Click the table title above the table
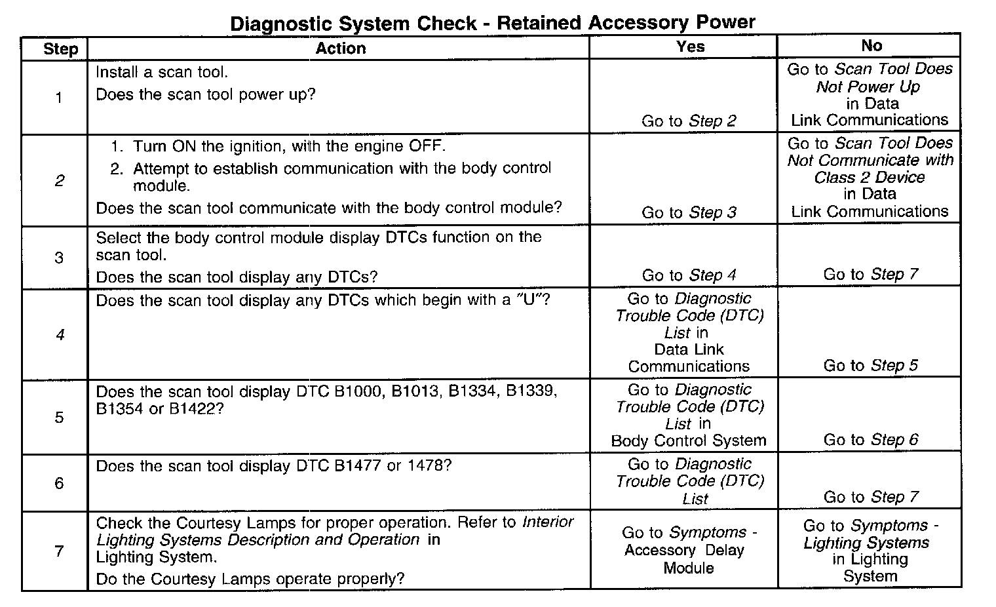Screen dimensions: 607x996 [x=492, y=23]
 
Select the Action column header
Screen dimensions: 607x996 [x=341, y=49]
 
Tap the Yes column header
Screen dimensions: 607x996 [x=691, y=46]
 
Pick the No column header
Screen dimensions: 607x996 [x=871, y=45]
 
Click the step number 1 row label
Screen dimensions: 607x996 [x=59, y=98]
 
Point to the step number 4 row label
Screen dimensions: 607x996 [x=60, y=335]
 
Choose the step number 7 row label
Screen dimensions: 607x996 [x=59, y=551]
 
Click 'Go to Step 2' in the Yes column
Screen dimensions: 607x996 [x=689, y=121]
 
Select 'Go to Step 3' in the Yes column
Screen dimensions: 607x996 [x=689, y=212]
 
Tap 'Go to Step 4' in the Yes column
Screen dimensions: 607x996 [x=689, y=275]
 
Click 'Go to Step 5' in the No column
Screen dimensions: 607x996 [x=871, y=366]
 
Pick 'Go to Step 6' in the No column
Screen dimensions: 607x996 [x=871, y=440]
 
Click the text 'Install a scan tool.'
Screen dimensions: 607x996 [x=162, y=72]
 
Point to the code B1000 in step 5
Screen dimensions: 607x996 [x=358, y=392]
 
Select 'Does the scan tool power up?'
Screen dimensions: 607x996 [x=206, y=94]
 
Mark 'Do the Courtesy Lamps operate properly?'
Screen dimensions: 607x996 [x=250, y=579]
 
